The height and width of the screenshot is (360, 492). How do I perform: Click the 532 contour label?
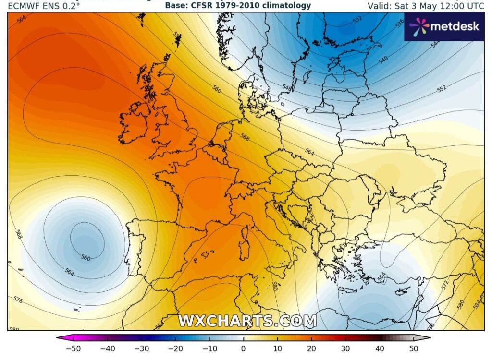357,20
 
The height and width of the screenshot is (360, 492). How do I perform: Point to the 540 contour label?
383,60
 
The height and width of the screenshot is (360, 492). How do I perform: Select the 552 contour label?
442,88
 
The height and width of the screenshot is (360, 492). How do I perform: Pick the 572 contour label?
445,286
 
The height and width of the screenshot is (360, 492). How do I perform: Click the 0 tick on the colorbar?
243,348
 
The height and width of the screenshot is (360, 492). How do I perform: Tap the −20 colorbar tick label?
175,348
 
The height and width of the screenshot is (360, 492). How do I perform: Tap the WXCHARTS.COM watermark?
247,321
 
